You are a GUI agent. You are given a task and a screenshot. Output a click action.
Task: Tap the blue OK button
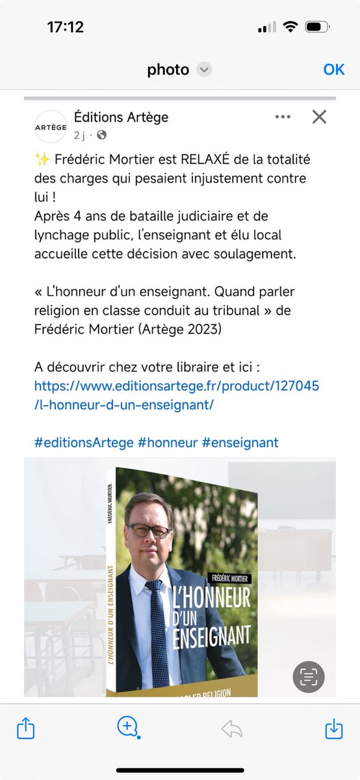tap(334, 69)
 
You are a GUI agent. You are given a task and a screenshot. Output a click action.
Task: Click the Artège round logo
tap(51, 127)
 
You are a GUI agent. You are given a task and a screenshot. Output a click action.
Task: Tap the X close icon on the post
tap(319, 117)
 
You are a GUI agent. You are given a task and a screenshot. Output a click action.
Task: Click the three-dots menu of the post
tap(283, 117)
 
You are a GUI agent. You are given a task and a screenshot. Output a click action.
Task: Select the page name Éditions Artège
tap(121, 117)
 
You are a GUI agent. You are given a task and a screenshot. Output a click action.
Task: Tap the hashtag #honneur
tap(167, 443)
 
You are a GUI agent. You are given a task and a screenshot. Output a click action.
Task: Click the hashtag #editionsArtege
tap(83, 443)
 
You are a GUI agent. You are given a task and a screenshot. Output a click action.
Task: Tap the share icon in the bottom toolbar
tap(25, 729)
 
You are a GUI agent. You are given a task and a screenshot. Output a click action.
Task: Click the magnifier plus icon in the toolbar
tap(127, 727)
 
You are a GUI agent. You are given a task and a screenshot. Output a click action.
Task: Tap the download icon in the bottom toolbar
tap(333, 729)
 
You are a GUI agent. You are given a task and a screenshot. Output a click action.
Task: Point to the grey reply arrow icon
tap(231, 729)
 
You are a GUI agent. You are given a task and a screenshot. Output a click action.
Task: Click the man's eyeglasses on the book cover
tap(148, 530)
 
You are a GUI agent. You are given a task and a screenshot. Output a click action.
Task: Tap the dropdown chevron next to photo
tap(204, 70)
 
